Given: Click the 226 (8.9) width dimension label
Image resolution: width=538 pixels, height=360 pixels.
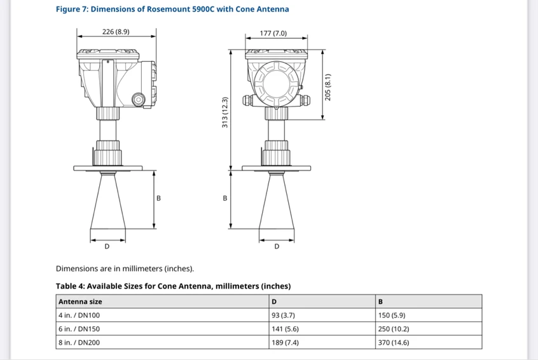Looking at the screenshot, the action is point(116,32).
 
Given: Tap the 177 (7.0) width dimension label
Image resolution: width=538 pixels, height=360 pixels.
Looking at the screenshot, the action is point(273,33).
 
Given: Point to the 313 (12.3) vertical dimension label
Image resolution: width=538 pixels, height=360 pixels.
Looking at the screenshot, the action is point(224,112).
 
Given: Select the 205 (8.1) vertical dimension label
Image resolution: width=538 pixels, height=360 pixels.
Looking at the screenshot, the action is point(328,87).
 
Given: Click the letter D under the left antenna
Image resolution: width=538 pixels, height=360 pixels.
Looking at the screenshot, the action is point(107,246).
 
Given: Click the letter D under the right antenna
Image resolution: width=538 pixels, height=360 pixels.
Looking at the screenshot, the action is point(277,246).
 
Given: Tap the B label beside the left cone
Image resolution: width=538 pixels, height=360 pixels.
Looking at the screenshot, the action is point(158,198).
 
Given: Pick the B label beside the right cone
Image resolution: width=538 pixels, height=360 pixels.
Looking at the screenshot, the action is point(225,198).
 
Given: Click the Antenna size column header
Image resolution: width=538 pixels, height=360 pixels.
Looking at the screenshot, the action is point(80,301).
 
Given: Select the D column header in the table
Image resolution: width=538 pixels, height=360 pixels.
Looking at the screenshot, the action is point(274,301).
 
